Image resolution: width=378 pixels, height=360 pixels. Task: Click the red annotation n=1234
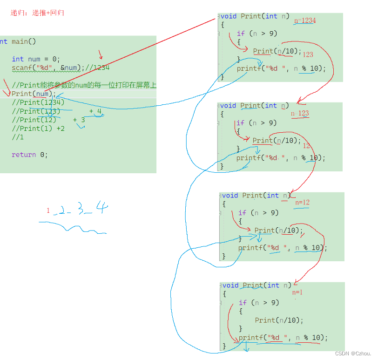point(305,20)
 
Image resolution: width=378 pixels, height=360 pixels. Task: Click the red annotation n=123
point(300,114)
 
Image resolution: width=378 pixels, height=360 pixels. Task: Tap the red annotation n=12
point(302,202)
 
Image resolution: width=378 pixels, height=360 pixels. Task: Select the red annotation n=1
point(297,292)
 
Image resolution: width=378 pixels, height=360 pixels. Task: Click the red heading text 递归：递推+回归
point(37,13)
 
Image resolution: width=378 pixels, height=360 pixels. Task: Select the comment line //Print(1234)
point(38,102)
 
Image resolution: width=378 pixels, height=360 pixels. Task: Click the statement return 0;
point(30,155)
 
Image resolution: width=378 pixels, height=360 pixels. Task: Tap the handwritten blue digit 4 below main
point(101,207)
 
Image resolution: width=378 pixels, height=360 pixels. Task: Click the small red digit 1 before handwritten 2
point(48,211)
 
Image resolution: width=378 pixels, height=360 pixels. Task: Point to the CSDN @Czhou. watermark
point(353,353)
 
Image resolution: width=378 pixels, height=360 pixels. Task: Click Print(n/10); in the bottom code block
point(279,320)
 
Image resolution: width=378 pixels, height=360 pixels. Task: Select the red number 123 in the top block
point(308,54)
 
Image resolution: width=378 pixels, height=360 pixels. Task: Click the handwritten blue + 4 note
point(95,111)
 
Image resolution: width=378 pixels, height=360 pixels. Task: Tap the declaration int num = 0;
point(36,59)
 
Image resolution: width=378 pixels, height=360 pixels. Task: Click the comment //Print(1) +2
point(38,129)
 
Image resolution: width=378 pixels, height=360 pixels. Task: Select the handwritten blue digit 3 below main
point(81,210)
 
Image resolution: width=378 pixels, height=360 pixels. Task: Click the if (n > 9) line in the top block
point(256,34)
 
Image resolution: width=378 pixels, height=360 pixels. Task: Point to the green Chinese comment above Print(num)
point(84,85)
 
